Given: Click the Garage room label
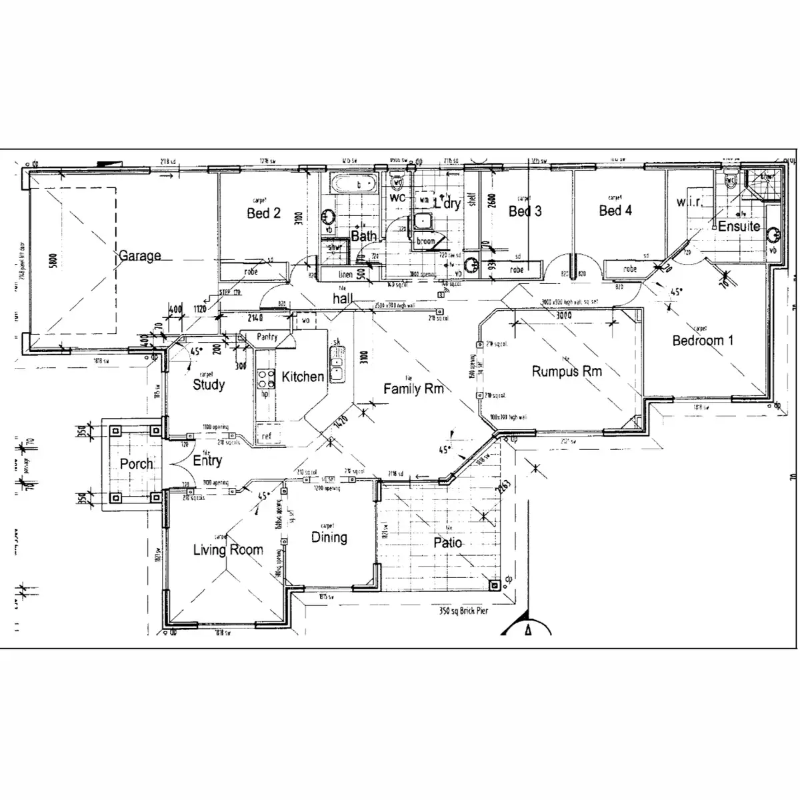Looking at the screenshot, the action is [139, 255].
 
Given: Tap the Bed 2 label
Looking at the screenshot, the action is [263, 213].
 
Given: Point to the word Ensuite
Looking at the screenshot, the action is [739, 226].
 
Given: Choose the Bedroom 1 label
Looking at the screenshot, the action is [703, 341].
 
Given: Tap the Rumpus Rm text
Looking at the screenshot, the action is [567, 371].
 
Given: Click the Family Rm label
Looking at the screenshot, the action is [413, 389].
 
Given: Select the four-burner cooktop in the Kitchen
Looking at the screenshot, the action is [267, 379].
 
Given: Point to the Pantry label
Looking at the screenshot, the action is [267, 338].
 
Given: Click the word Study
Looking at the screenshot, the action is [209, 385].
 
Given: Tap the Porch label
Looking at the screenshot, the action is [136, 464].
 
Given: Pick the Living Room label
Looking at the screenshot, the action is [228, 550].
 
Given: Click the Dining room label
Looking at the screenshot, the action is [329, 537].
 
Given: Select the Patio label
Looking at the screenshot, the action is [448, 543].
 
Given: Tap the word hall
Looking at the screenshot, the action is [343, 300].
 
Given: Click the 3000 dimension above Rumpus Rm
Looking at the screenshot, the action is [564, 315].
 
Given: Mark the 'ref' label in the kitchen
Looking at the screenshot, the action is [267, 436].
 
